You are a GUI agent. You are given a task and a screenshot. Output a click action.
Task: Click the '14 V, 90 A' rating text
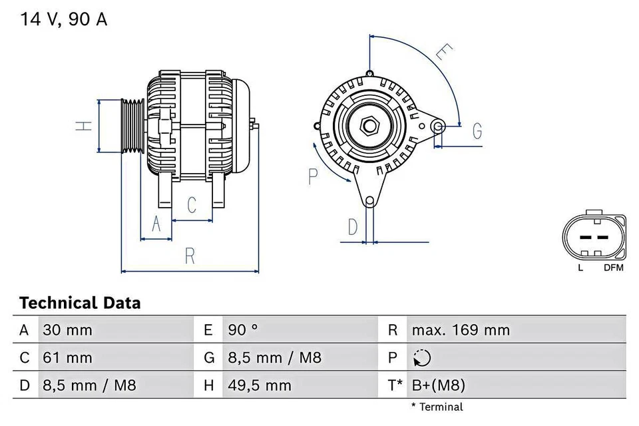coord(63,19)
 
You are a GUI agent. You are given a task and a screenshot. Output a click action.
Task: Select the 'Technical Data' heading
coord(80,304)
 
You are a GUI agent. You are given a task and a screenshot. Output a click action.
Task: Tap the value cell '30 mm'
coord(67,329)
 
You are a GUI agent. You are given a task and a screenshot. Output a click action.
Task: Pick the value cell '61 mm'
coord(67,357)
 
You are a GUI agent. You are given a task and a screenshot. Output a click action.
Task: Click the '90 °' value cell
coord(244,329)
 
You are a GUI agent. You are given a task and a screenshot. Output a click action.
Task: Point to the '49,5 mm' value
coord(260,385)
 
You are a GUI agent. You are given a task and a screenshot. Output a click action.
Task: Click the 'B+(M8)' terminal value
coord(438,385)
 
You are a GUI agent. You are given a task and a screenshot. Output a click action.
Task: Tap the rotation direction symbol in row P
coord(421,358)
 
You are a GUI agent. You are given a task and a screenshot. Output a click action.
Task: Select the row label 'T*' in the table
coord(395,385)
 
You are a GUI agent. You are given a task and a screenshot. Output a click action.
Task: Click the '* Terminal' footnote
coord(437,407)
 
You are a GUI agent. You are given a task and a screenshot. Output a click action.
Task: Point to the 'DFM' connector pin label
coord(613,268)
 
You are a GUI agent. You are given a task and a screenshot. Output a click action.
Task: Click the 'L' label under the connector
coord(580,268)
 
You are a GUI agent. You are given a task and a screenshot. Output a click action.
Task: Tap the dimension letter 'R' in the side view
coord(190,256)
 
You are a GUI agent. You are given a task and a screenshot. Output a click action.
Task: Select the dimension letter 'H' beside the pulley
coord(83,125)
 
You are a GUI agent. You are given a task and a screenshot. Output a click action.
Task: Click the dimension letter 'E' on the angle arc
coord(445,53)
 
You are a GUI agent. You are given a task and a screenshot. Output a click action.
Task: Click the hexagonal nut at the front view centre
coord(369,124)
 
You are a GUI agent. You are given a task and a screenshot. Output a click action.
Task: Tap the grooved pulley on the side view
coord(132,126)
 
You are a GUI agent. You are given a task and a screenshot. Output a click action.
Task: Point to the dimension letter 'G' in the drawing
coord(477,131)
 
